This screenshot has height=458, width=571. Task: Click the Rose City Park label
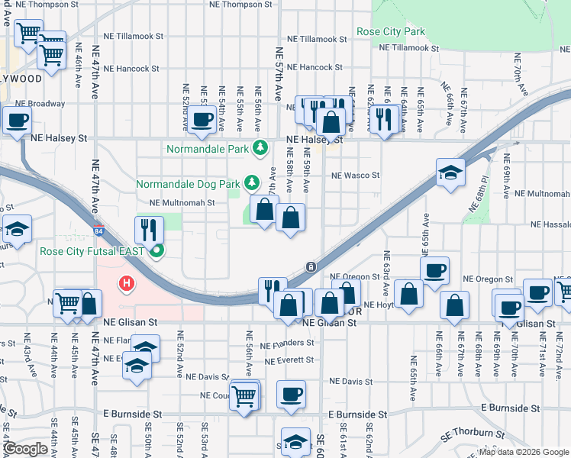click(390, 32)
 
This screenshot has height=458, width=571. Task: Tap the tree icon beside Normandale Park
click(261, 147)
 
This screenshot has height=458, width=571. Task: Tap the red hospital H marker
click(127, 284)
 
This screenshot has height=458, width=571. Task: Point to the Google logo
click(26, 449)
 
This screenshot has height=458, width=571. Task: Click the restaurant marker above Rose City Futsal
click(149, 229)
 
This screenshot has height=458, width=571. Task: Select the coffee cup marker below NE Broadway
click(17, 119)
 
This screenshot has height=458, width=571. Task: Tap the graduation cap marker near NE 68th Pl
click(450, 172)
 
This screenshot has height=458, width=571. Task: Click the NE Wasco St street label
click(355, 176)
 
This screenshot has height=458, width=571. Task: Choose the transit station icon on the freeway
click(311, 266)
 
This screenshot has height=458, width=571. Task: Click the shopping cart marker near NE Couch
click(244, 395)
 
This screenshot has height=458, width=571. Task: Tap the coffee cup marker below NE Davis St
click(291, 394)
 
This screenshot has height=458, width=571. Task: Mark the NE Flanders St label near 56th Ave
click(288, 343)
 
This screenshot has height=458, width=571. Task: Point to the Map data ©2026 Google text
click(523, 452)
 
